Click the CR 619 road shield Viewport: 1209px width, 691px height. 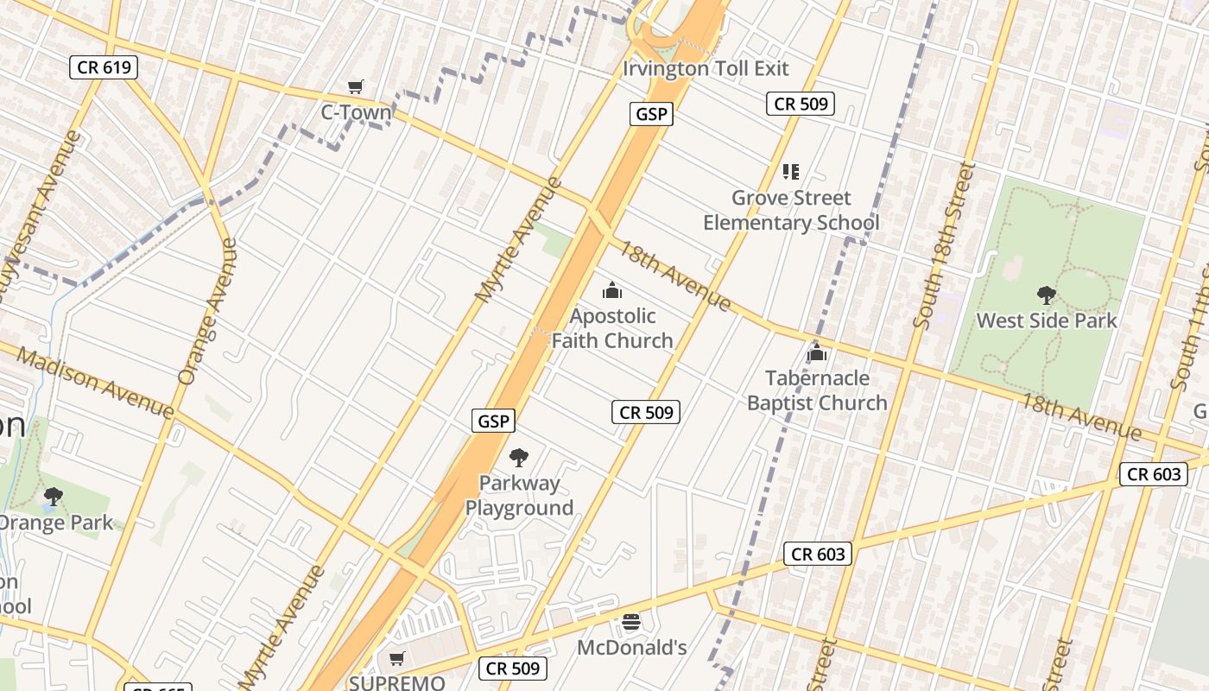click(104, 67)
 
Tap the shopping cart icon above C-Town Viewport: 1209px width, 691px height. click(355, 86)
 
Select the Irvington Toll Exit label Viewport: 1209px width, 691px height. click(706, 68)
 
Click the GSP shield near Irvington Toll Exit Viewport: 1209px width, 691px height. click(650, 113)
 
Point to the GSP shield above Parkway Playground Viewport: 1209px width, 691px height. click(494, 421)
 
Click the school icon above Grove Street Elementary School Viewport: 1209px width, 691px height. click(790, 172)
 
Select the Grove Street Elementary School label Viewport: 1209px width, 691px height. click(791, 210)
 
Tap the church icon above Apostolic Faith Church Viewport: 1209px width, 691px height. click(612, 290)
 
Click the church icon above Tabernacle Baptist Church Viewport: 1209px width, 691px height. click(816, 352)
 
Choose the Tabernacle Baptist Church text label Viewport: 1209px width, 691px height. click(817, 390)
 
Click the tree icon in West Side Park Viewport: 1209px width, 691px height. click(1047, 295)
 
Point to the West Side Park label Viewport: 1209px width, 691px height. click(1047, 320)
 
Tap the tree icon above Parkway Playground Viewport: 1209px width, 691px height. click(519, 458)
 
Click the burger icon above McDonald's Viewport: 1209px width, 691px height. click(631, 622)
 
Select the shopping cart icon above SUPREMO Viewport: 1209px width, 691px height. click(397, 659)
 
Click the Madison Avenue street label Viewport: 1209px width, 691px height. click(95, 383)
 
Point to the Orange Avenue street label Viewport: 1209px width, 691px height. click(206, 311)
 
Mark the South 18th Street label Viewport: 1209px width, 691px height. click(946, 245)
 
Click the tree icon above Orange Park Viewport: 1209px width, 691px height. click(54, 497)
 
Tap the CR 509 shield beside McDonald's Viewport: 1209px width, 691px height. click(513, 668)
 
